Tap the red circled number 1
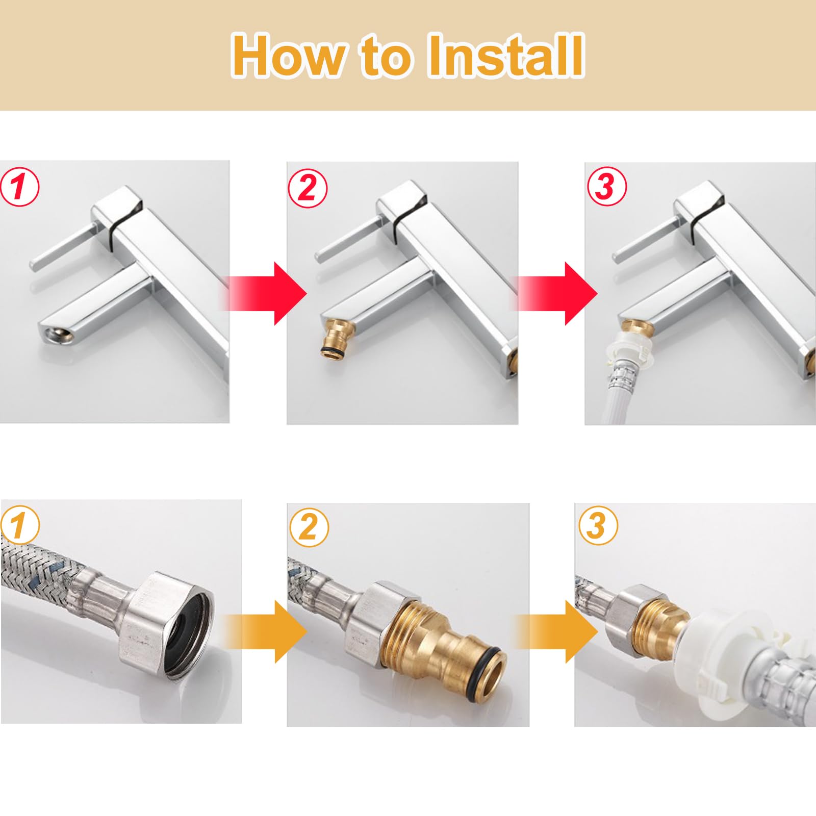pyautogui.click(x=19, y=187)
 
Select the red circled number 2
pyautogui.click(x=308, y=188)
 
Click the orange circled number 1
pyautogui.click(x=19, y=525)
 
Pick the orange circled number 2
pyautogui.click(x=309, y=527)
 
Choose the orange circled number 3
pyautogui.click(x=598, y=525)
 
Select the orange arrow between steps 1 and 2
pyautogui.click(x=265, y=631)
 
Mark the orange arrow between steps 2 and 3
pyautogui.click(x=556, y=631)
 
